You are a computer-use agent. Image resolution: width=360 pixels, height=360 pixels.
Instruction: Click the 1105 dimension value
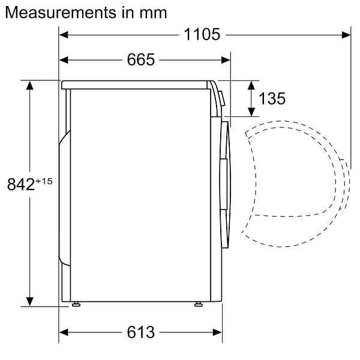(x=202, y=35)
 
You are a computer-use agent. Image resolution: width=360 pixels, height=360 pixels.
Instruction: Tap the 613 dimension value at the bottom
(x=140, y=332)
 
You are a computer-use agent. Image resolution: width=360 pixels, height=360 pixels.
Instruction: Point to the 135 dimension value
(x=272, y=98)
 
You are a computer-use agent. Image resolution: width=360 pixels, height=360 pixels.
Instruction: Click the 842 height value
(x=21, y=185)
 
